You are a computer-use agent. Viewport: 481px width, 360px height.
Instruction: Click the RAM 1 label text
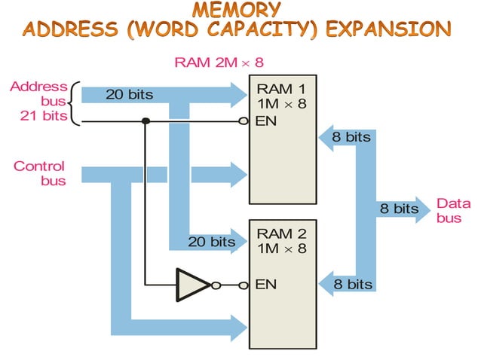(x=282, y=90)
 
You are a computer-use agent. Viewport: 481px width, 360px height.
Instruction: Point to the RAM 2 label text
(x=282, y=233)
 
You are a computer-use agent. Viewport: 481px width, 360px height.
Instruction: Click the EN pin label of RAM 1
(x=266, y=121)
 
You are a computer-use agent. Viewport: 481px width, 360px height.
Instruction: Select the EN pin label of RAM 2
(x=266, y=284)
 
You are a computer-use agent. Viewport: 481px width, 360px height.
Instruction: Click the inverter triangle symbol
(x=192, y=284)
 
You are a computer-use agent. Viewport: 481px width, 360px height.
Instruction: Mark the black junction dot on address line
(x=146, y=121)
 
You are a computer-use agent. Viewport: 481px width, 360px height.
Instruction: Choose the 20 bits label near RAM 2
(x=212, y=242)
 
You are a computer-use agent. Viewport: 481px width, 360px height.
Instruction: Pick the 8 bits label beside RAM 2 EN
(x=353, y=284)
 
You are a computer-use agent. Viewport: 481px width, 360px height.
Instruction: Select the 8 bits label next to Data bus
(x=399, y=209)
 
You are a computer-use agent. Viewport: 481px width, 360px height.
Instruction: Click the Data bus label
(x=453, y=210)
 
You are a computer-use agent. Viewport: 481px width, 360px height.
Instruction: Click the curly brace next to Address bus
(x=73, y=102)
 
